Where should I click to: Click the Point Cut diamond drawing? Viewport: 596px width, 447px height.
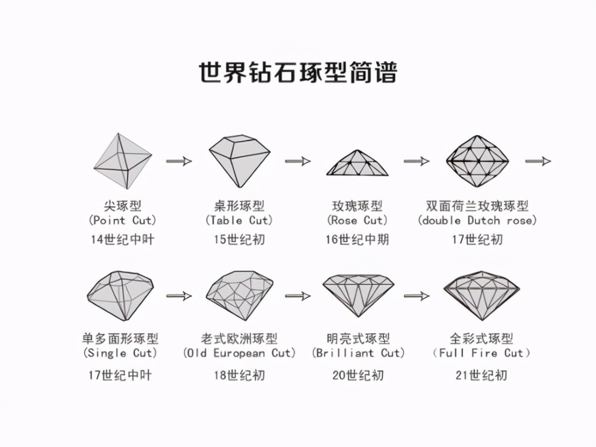pyautogui.click(x=123, y=161)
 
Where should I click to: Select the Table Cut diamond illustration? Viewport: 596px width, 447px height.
pyautogui.click(x=240, y=161)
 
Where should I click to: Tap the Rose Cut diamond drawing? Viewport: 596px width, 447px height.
pyautogui.click(x=357, y=162)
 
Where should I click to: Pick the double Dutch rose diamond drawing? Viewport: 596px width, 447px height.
pyautogui.click(x=477, y=161)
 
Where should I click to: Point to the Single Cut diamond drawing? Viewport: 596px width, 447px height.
pyautogui.click(x=120, y=295)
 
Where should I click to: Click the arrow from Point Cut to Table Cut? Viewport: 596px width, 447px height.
pyautogui.click(x=179, y=161)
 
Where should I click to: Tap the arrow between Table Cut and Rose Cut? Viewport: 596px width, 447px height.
pyautogui.click(x=298, y=161)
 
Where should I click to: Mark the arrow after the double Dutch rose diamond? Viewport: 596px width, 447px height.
pyautogui.click(x=538, y=161)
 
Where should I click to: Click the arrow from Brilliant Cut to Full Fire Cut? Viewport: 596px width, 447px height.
pyautogui.click(x=417, y=296)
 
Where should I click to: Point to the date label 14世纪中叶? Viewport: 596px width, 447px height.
pyautogui.click(x=122, y=240)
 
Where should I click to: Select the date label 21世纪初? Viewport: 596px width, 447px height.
pyautogui.click(x=481, y=376)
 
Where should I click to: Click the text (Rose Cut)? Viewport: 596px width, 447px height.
pyautogui.click(x=357, y=220)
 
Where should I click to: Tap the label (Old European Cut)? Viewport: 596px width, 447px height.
pyautogui.click(x=240, y=353)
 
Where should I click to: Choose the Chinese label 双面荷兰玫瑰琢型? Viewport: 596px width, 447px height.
pyautogui.click(x=477, y=206)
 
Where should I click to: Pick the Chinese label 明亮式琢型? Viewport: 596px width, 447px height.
pyautogui.click(x=358, y=338)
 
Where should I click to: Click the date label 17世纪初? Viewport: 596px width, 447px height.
pyautogui.click(x=477, y=240)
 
